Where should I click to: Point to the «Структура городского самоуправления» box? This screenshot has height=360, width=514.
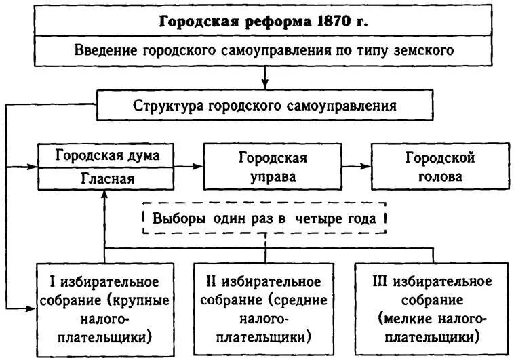[264, 106]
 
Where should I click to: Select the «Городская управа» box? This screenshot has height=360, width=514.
[273, 167]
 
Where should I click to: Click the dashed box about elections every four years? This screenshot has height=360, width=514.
[264, 219]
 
